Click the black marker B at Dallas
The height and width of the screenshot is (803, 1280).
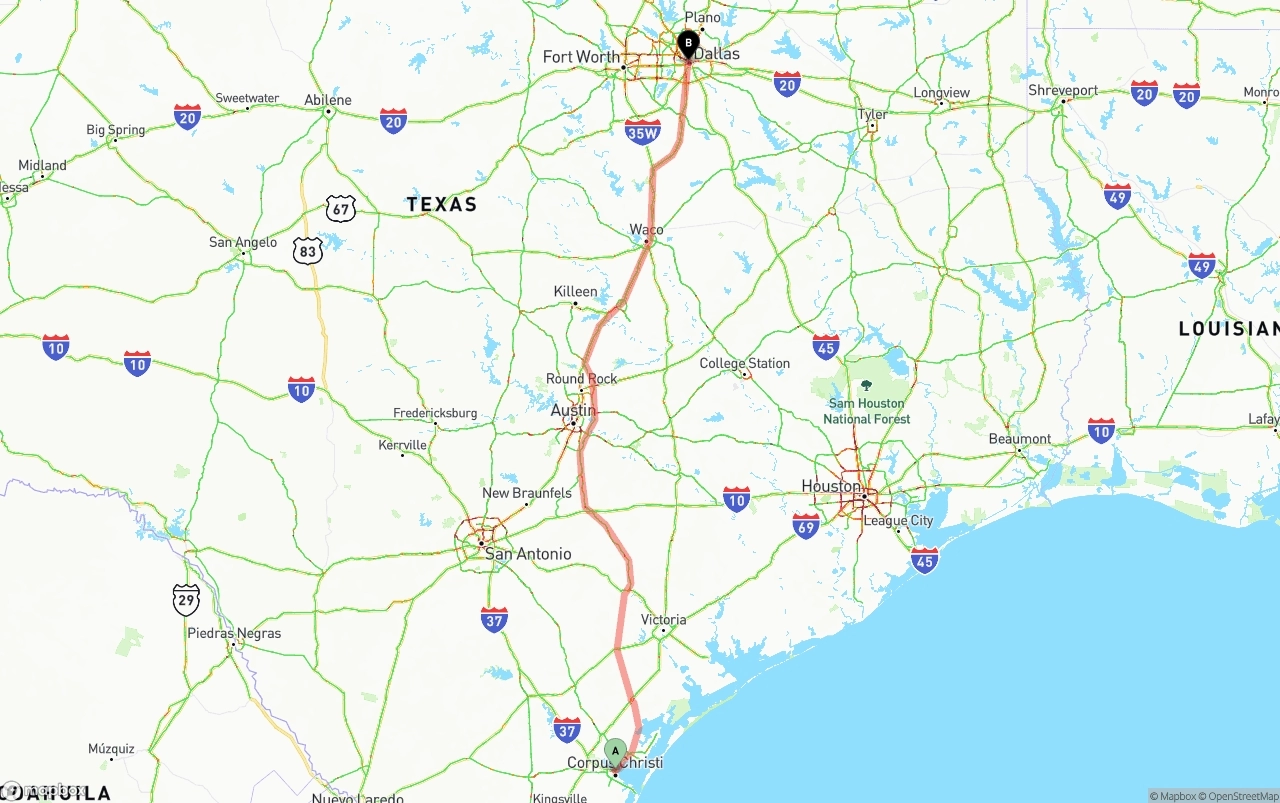click(688, 44)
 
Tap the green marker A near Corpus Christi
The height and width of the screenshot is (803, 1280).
click(615, 751)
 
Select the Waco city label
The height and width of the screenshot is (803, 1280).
click(646, 229)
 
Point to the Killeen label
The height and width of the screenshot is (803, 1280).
click(575, 292)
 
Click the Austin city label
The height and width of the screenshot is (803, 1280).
click(573, 411)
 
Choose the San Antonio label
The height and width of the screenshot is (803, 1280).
click(528, 554)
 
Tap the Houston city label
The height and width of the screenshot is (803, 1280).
click(831, 486)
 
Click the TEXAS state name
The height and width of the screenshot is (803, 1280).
click(441, 204)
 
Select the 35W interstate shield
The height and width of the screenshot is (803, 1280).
click(642, 132)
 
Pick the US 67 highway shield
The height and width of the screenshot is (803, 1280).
click(340, 209)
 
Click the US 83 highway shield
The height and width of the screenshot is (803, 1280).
click(308, 251)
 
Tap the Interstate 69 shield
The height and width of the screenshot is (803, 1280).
click(806, 525)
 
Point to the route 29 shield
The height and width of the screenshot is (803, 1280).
click(186, 599)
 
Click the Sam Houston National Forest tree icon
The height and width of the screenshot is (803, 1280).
click(866, 385)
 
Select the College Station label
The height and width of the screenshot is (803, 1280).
click(744, 363)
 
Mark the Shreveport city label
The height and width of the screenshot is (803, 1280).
click(1063, 90)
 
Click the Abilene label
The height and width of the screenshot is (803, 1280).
click(328, 100)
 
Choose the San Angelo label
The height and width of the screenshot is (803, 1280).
click(243, 242)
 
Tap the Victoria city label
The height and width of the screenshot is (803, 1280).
click(664, 620)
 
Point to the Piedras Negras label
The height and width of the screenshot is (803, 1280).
click(234, 633)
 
